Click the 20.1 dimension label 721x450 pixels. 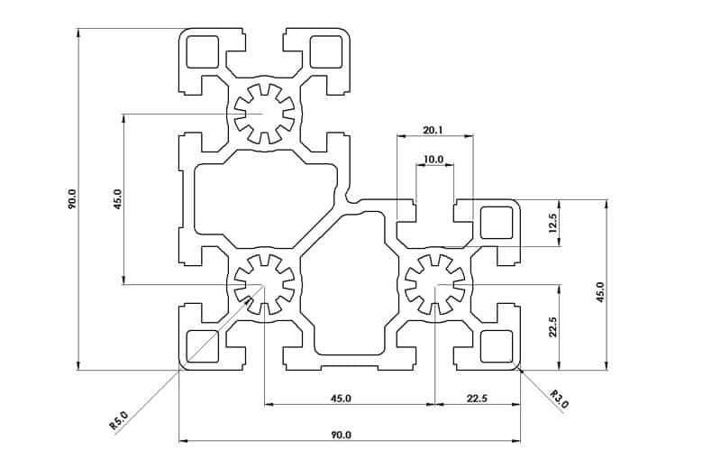click(433, 130)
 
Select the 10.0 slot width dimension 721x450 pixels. click(434, 160)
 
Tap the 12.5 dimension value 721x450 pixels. click(554, 222)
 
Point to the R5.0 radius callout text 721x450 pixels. click(119, 418)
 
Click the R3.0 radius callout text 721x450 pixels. click(559, 399)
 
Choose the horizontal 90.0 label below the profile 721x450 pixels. click(341, 435)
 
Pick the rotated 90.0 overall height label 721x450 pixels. click(72, 198)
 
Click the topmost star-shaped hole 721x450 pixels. click(263, 115)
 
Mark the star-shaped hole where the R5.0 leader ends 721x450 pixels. click(264, 285)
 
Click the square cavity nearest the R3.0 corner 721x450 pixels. click(497, 345)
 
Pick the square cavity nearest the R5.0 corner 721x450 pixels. click(202, 345)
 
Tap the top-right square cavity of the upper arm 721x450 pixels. click(325, 52)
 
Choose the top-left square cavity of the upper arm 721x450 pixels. click(202, 52)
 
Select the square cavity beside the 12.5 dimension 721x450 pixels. click(497, 222)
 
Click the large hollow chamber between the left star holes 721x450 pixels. click(261, 200)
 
